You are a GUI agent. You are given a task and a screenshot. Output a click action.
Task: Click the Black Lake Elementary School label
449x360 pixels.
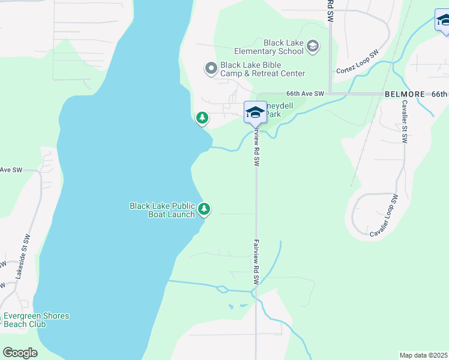(x=284, y=47)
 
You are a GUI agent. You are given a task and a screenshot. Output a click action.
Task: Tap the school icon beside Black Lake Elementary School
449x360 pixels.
(x=312, y=46)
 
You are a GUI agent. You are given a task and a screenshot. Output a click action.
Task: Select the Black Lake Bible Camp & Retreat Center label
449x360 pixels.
(x=262, y=69)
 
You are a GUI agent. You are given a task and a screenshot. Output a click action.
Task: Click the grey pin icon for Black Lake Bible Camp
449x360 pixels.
(x=211, y=69)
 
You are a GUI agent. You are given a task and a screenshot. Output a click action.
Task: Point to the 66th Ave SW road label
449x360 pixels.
(x=305, y=94)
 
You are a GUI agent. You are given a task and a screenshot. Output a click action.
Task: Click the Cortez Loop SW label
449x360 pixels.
(x=357, y=62)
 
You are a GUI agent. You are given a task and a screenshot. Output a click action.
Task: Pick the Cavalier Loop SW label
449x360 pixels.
(x=384, y=215)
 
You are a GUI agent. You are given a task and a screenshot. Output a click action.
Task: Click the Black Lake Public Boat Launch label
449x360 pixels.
(x=163, y=210)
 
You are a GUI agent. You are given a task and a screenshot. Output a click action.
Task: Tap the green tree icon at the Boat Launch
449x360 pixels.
(x=205, y=209)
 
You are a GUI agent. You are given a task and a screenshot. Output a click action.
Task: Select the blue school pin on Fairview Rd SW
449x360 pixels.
(x=255, y=112)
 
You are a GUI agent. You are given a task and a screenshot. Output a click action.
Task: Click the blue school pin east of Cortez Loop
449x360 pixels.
(x=444, y=20)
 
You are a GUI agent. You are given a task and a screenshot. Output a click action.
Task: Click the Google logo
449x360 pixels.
(x=20, y=353)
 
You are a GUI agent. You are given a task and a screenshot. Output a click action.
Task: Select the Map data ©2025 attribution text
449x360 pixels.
(x=423, y=355)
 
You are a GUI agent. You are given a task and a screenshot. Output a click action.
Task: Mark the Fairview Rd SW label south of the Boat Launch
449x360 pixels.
(x=256, y=262)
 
